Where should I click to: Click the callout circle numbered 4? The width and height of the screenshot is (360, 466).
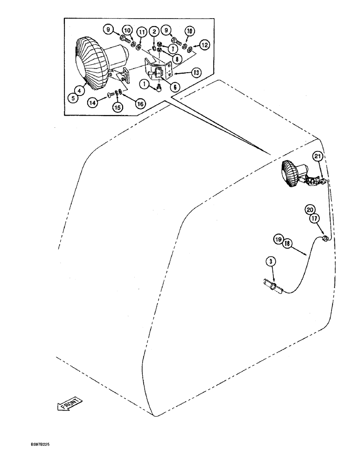(81, 91)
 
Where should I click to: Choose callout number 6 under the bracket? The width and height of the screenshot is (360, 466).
(162, 87)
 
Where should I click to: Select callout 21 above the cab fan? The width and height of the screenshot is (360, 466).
(318, 158)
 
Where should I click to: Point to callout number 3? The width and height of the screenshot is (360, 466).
(269, 261)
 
